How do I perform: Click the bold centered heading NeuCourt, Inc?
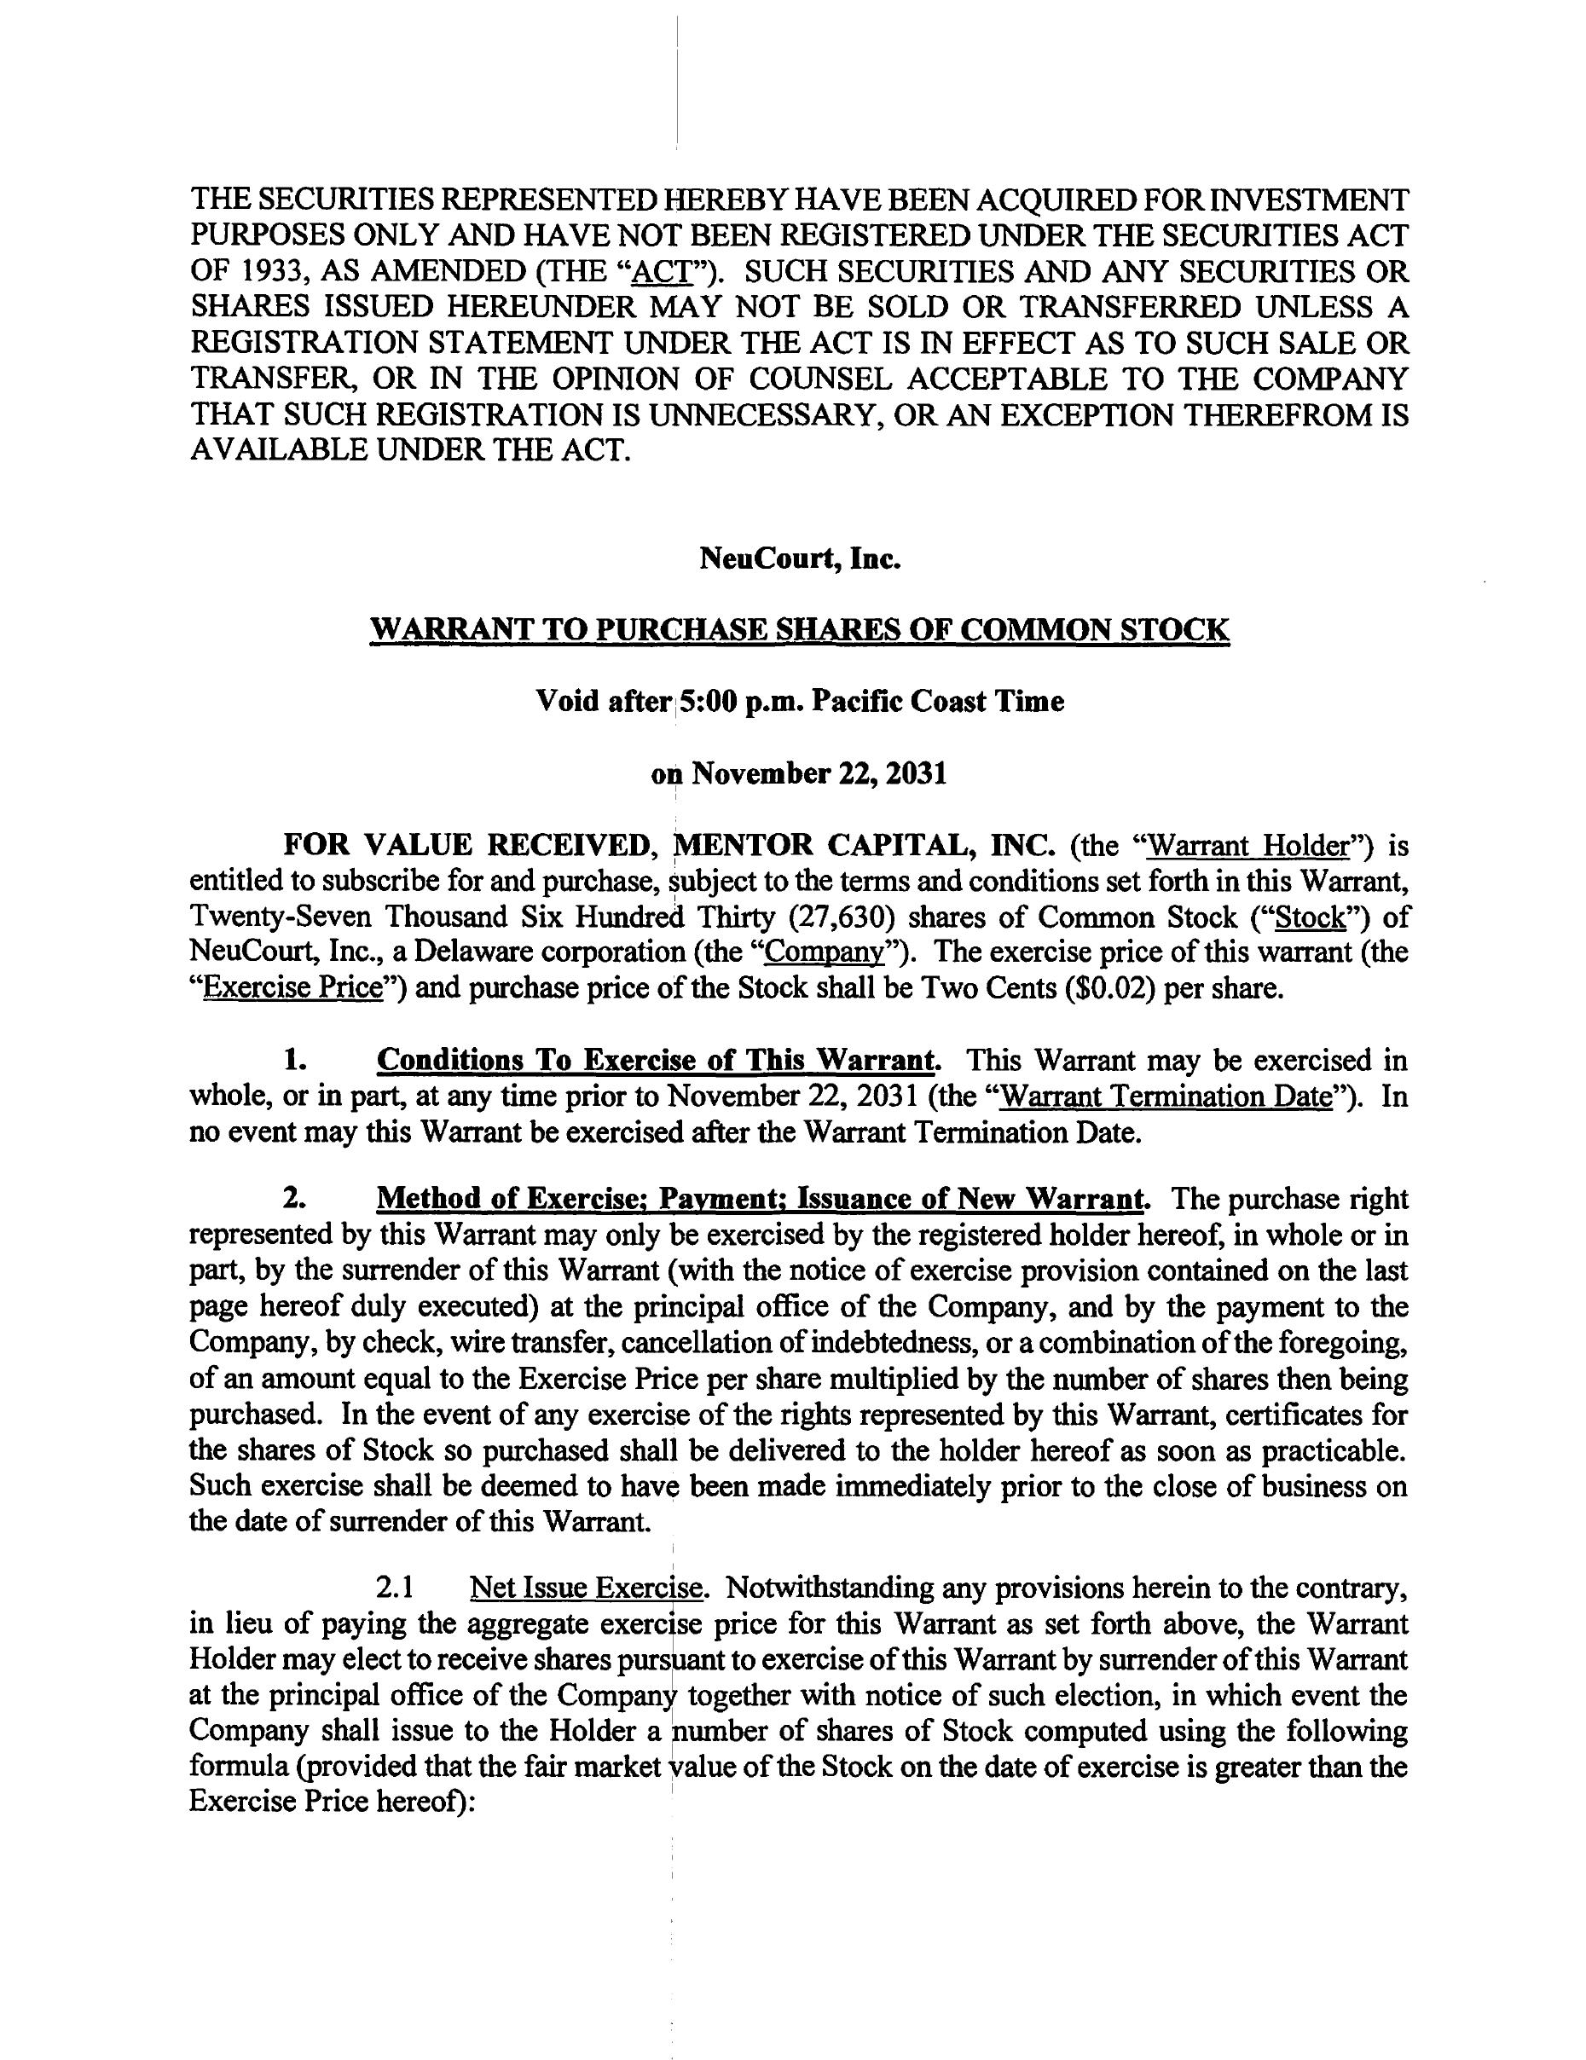800,559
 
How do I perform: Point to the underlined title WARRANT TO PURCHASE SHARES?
800,629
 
